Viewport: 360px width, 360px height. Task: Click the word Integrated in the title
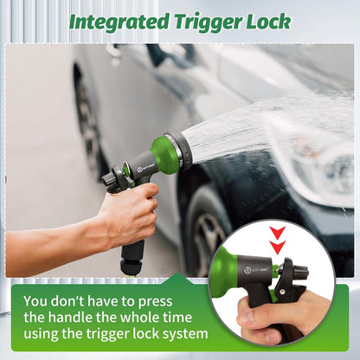click(x=119, y=22)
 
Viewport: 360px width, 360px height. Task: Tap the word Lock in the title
click(x=268, y=22)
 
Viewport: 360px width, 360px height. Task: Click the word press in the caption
click(x=155, y=302)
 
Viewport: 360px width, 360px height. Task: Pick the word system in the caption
click(x=183, y=334)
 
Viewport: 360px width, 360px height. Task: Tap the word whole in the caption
click(x=140, y=318)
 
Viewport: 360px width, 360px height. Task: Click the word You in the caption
click(x=35, y=301)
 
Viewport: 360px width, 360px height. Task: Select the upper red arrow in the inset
click(x=278, y=233)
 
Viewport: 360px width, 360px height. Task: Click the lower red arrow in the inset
click(x=278, y=247)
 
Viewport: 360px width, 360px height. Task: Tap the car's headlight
click(x=331, y=167)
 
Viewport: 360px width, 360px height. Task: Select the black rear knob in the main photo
click(x=109, y=179)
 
